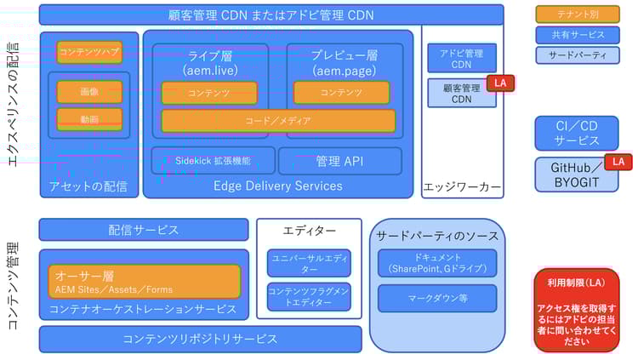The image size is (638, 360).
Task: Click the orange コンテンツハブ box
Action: point(89,52)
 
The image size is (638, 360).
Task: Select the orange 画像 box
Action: point(89,91)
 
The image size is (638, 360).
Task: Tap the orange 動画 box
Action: point(89,118)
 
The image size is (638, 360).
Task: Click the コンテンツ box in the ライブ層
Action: point(210,92)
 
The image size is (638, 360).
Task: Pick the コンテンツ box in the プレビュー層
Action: point(341,92)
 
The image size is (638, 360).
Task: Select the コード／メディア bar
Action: point(278,120)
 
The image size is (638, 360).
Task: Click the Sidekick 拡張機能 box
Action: point(213,160)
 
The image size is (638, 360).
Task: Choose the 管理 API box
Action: point(339,160)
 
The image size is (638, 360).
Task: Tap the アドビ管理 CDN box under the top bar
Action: point(461,58)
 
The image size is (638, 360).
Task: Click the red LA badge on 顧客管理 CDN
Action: point(500,83)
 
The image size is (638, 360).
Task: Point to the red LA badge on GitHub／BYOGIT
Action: point(618,162)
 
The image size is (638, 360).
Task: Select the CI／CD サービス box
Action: point(577,133)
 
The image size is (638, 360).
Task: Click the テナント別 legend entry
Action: point(577,14)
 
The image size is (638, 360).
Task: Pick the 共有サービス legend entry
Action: point(577,35)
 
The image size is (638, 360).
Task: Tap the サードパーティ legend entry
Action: point(577,55)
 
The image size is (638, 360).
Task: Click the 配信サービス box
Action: point(144,229)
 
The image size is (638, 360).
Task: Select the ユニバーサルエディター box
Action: point(309,262)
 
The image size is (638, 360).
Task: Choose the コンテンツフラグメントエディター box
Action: point(309,296)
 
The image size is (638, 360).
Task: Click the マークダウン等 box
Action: point(437,298)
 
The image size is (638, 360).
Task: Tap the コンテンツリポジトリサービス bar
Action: point(200,339)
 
